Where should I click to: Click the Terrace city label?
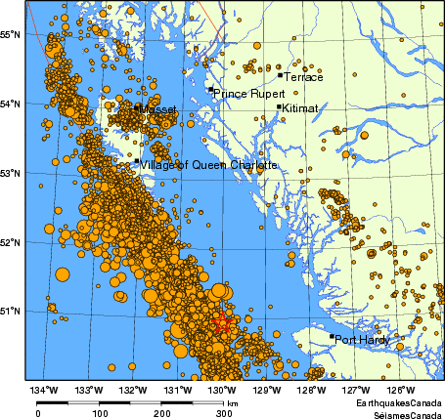point(302,77)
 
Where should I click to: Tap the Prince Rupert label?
point(248,94)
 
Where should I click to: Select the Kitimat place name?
point(300,110)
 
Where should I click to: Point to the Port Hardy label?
point(362,340)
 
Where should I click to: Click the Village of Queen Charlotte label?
point(209,165)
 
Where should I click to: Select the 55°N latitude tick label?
point(12,34)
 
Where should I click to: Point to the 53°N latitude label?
point(12,174)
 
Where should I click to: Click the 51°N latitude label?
point(12,311)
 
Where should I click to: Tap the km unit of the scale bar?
point(233,402)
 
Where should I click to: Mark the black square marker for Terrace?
point(280,74)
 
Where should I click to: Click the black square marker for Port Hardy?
point(332,337)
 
